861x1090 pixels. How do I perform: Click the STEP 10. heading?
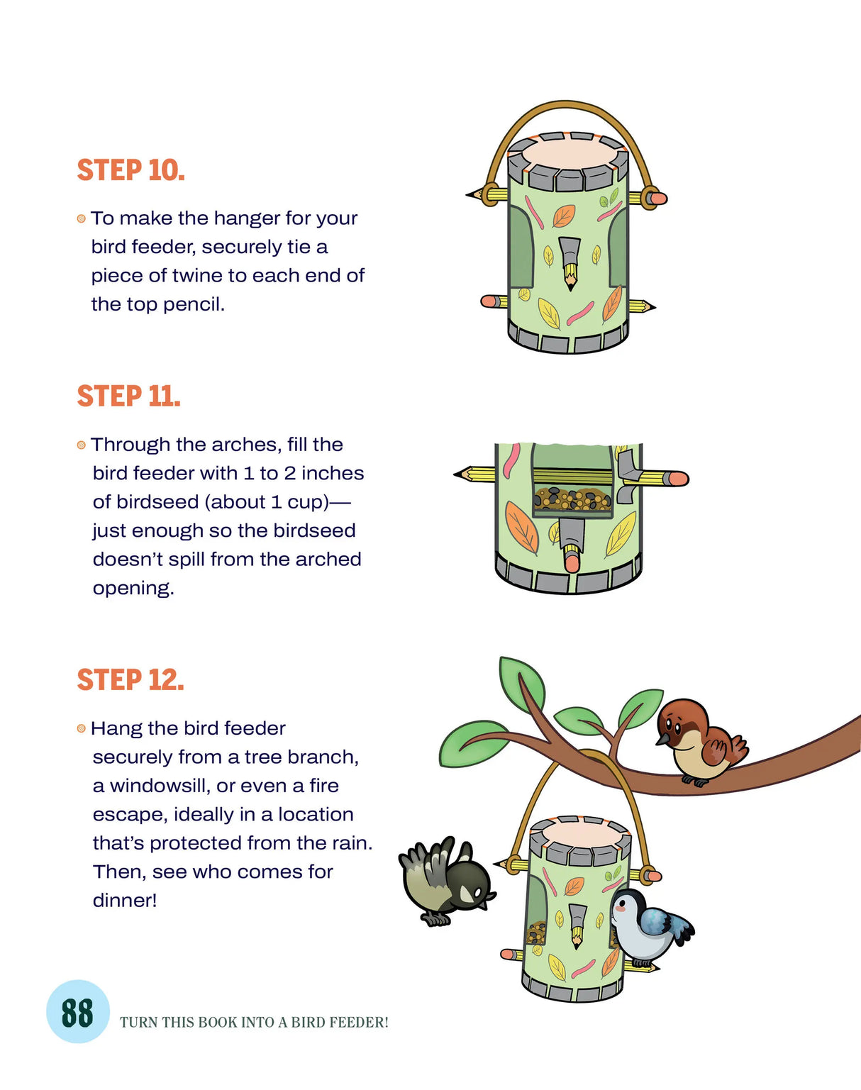click(130, 170)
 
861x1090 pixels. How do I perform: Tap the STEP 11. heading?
click(128, 396)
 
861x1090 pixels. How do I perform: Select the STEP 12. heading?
click(130, 680)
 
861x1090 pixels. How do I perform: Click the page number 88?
click(77, 1013)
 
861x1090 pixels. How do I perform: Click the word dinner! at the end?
click(125, 901)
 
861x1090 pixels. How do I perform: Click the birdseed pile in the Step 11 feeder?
click(572, 499)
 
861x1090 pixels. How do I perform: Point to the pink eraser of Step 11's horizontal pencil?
click(677, 479)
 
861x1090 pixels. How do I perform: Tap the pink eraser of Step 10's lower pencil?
click(488, 301)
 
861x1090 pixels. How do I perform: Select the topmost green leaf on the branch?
click(521, 677)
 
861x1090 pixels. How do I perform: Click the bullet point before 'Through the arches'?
click(81, 445)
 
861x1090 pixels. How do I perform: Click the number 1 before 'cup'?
click(277, 502)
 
